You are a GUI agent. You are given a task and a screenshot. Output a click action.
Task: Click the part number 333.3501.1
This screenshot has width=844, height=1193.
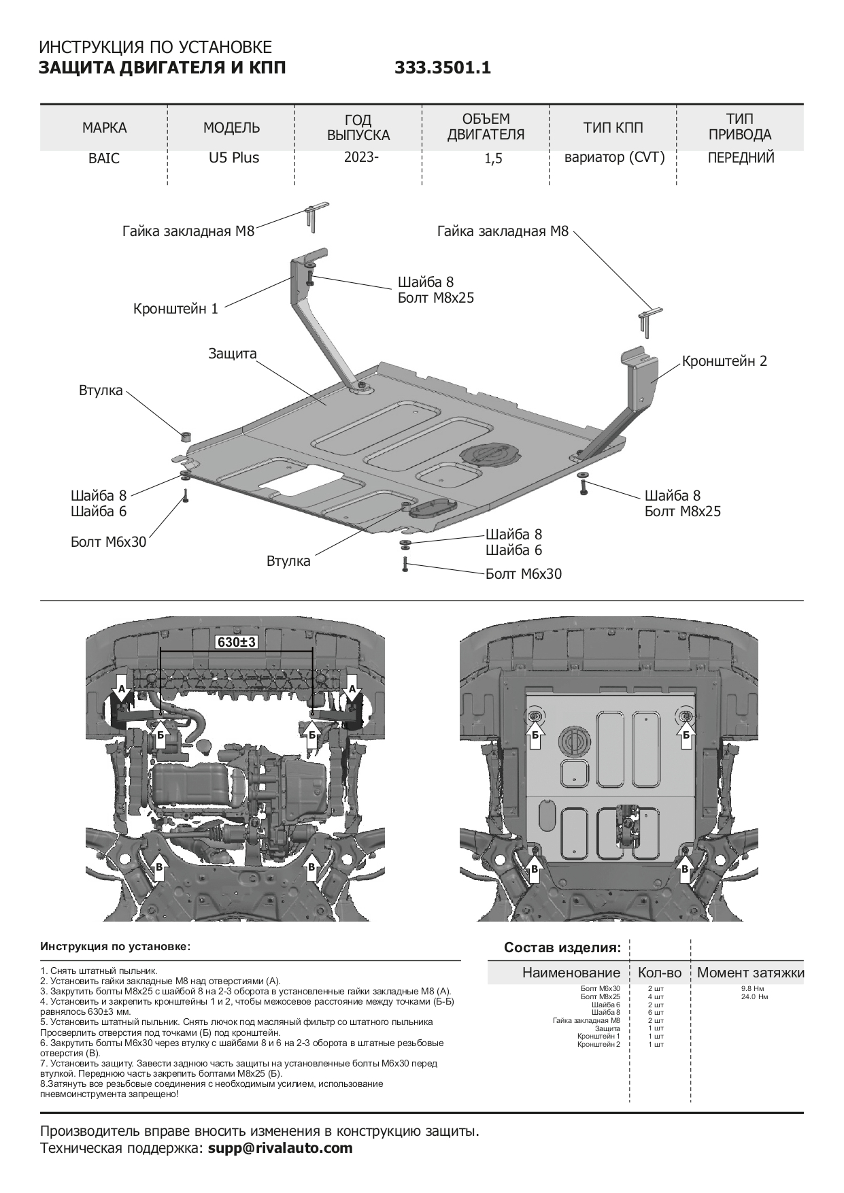coord(442,68)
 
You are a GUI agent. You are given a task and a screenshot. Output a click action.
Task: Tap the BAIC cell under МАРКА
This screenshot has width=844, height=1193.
coord(104,158)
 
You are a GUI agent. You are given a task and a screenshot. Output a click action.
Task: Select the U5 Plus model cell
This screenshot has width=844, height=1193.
coord(233,158)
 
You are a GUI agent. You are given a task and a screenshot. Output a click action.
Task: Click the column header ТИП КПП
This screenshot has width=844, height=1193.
coord(613,127)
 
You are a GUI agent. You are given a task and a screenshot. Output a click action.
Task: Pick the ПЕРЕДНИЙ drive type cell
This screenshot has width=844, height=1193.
coord(741,158)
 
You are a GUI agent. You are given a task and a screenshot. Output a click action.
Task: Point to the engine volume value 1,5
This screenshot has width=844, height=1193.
coord(494,158)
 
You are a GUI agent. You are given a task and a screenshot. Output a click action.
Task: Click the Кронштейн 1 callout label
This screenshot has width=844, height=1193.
coord(175,309)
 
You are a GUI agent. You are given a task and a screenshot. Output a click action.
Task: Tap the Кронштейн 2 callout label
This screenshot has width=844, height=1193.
coord(724,361)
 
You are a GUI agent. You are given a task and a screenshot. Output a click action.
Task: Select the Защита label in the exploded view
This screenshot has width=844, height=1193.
coord(233,354)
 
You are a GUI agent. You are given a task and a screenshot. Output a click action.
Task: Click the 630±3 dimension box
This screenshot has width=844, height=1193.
coord(237,641)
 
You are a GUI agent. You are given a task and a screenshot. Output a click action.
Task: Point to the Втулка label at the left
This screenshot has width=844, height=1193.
coord(101,390)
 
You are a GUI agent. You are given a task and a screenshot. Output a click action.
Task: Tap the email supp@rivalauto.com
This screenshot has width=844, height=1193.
coord(280,1148)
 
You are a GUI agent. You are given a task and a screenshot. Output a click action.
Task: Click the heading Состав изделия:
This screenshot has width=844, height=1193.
coord(562,947)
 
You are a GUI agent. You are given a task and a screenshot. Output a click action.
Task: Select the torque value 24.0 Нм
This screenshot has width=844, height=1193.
coord(754,996)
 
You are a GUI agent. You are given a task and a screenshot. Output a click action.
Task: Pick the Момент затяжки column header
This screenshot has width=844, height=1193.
coord(750,973)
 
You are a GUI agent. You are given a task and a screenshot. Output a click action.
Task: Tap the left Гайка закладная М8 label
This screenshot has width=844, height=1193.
coord(188,231)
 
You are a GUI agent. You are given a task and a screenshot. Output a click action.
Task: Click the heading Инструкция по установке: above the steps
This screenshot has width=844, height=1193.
coord(116,946)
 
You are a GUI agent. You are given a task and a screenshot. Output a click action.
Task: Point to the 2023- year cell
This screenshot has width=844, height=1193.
coord(360,157)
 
